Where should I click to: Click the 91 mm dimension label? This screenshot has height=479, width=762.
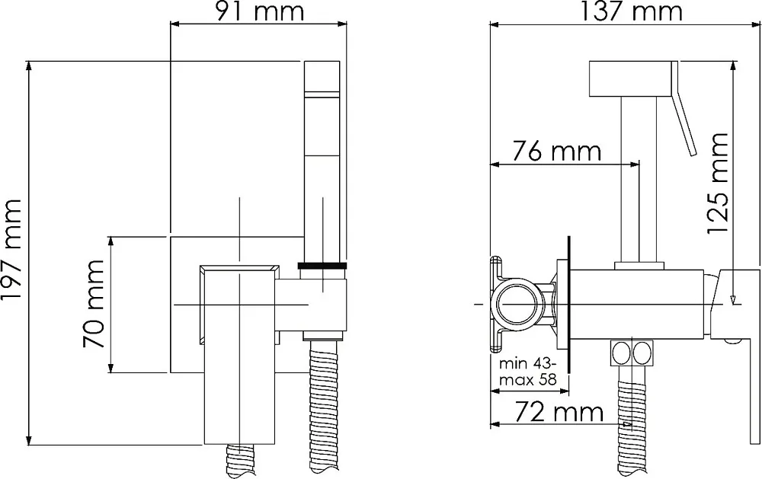click(259, 11)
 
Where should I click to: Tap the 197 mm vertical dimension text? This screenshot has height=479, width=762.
click(11, 250)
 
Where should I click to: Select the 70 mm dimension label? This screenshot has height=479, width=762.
click(93, 304)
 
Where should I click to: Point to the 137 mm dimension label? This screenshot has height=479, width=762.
click(632, 11)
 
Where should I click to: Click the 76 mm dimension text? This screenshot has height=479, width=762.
click(556, 151)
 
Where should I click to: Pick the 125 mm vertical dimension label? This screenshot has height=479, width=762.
click(717, 183)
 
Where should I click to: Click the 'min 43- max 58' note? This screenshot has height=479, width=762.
click(528, 372)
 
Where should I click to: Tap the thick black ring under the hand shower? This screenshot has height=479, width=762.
click(322, 265)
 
